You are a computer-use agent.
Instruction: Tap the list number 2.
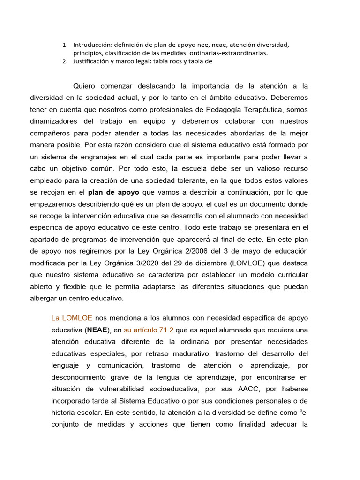[x=65, y=61]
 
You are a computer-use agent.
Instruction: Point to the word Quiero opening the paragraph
[x=85, y=86]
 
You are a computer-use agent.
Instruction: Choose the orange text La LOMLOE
[x=72, y=318]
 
